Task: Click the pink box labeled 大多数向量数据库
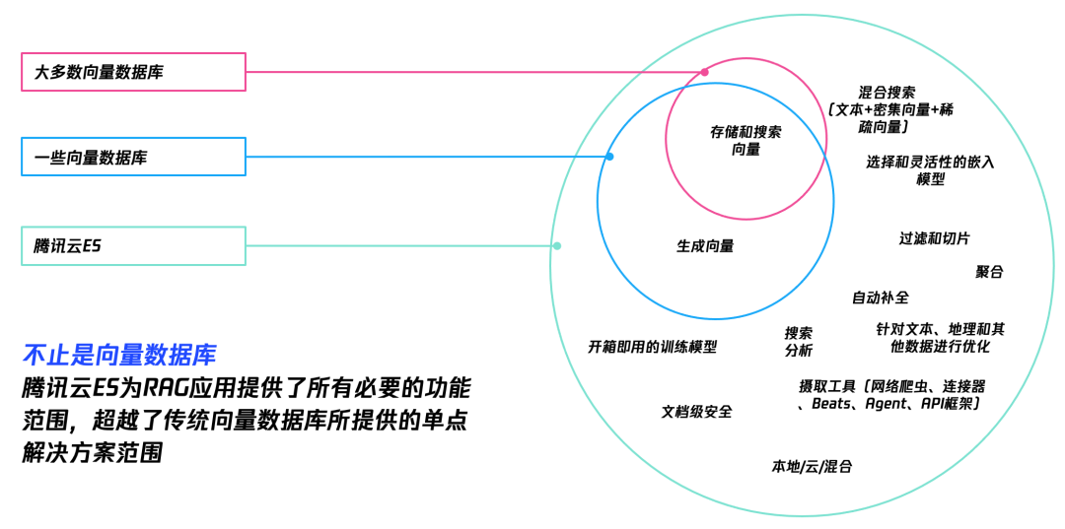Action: pyautogui.click(x=133, y=72)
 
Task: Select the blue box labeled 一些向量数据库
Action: pyautogui.click(x=133, y=157)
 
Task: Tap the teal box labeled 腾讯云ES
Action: pyautogui.click(x=133, y=245)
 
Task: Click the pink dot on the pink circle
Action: pyautogui.click(x=704, y=72)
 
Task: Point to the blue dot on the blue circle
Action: pyautogui.click(x=609, y=157)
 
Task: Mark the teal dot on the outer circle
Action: pyautogui.click(x=557, y=245)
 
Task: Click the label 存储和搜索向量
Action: pyautogui.click(x=745, y=140)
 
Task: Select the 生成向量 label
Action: pyautogui.click(x=705, y=246)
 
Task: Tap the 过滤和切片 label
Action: pyautogui.click(x=934, y=238)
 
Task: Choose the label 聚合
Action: pyautogui.click(x=989, y=272)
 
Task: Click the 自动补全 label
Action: pyautogui.click(x=881, y=298)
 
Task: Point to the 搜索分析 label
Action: pyautogui.click(x=799, y=341)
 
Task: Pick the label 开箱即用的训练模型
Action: pyautogui.click(x=652, y=347)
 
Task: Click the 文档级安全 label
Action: pyautogui.click(x=696, y=412)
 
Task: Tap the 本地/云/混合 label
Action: pyautogui.click(x=812, y=466)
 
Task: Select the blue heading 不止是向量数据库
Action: pyautogui.click(x=118, y=355)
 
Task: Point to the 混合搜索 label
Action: pyautogui.click(x=887, y=92)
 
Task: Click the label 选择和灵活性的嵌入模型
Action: pyautogui.click(x=930, y=169)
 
